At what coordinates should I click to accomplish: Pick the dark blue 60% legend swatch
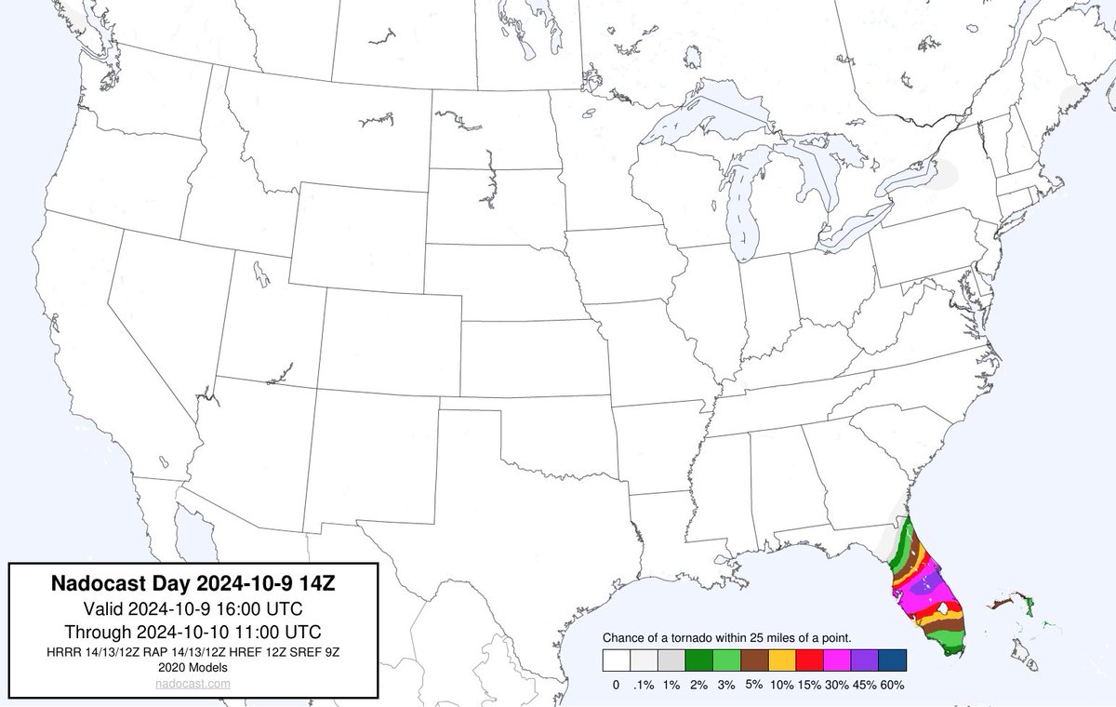click(890, 660)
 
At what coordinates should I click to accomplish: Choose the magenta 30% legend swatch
click(835, 660)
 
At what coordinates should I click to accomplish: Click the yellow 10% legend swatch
click(780, 660)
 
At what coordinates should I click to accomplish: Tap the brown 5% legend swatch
click(753, 660)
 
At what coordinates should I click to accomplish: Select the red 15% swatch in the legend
click(808, 660)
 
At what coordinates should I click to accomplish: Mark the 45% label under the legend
click(863, 686)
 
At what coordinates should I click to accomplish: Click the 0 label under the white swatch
click(616, 686)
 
